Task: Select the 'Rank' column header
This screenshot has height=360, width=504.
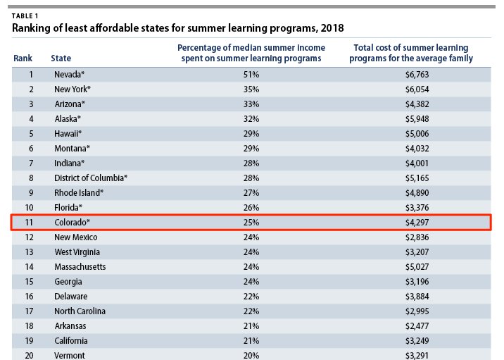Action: click(x=23, y=58)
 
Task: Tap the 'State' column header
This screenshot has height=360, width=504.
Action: click(x=61, y=58)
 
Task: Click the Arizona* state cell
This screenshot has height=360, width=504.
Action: click(x=71, y=104)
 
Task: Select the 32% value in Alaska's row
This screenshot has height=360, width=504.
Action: click(x=251, y=119)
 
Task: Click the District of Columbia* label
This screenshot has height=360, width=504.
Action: click(x=91, y=178)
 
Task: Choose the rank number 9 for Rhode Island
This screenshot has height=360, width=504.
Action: click(x=31, y=193)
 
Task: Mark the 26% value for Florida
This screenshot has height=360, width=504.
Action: click(x=251, y=208)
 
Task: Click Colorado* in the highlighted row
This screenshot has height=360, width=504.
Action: click(x=73, y=223)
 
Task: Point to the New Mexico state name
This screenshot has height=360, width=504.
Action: click(x=76, y=237)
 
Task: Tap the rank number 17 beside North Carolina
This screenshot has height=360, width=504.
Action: click(x=30, y=311)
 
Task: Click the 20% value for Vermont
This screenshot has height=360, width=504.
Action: click(x=251, y=355)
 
